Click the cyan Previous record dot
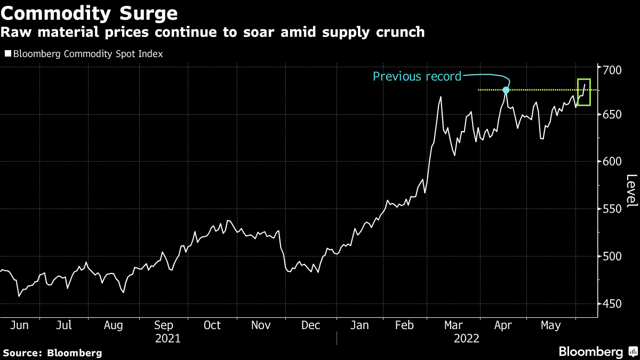[506, 90]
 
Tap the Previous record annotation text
[417, 76]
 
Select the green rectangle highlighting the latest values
[584, 92]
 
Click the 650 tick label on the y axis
[612, 115]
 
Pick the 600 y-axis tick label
[612, 162]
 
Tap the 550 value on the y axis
[612, 209]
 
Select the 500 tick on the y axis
[612, 257]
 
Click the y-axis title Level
[631, 191]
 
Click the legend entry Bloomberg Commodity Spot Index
[88, 54]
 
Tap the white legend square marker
[7, 54]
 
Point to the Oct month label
[212, 325]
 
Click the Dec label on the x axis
[310, 325]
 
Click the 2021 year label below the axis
[167, 338]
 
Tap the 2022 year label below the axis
[466, 338]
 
